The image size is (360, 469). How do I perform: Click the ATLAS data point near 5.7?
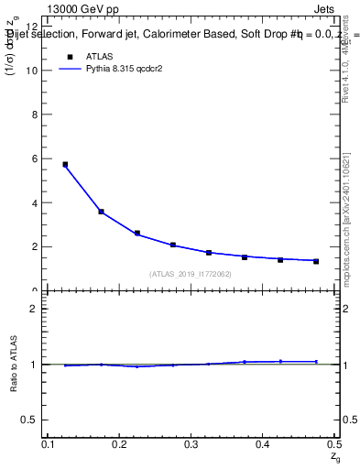pos(65,165)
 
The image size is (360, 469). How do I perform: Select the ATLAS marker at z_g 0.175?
pos(101,212)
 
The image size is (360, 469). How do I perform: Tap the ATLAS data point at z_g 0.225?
pos(136,234)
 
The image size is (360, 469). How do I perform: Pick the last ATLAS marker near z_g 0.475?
pos(316,261)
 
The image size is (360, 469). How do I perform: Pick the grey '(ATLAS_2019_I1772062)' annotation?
pos(191,274)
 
